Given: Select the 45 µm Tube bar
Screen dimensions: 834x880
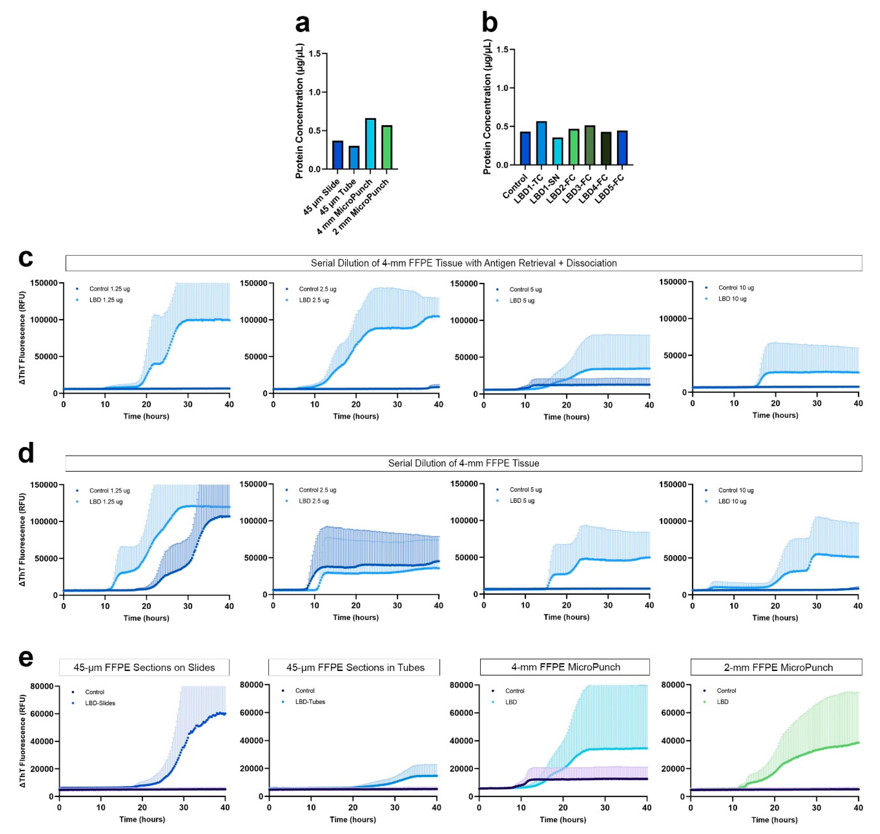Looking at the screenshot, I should [x=354, y=158].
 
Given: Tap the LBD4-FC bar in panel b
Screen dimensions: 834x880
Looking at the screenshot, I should [x=606, y=148].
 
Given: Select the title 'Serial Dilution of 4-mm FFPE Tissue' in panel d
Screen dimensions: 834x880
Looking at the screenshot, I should [x=463, y=463].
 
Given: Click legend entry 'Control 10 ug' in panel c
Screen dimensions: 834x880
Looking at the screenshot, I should [x=736, y=288].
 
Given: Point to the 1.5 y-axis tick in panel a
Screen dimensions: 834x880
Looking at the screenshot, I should [x=314, y=54].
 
